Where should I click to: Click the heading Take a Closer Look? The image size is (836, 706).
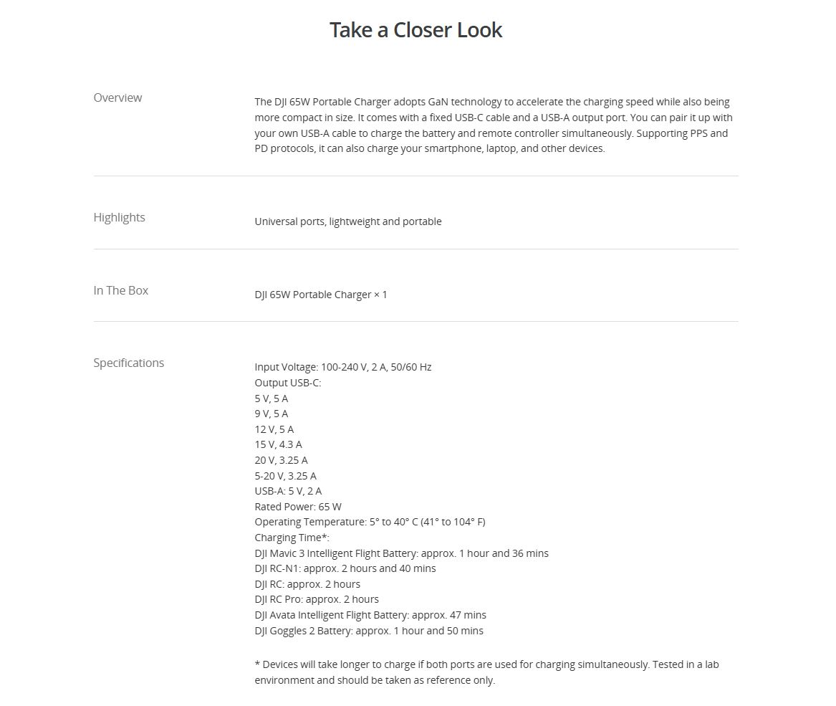tap(415, 30)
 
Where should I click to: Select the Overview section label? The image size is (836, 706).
tap(117, 97)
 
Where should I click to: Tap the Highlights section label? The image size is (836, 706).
tap(119, 217)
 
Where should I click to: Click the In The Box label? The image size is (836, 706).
tap(120, 290)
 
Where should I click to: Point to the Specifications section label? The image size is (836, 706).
tap(128, 363)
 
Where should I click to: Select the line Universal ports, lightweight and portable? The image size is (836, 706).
tap(347, 221)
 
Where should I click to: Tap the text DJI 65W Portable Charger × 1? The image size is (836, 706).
tap(320, 295)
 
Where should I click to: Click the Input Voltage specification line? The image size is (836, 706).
tap(342, 367)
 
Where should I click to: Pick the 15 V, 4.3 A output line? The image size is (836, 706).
tap(278, 444)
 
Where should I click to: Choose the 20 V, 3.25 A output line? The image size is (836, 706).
tap(281, 460)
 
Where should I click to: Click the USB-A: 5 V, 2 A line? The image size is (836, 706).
tap(288, 491)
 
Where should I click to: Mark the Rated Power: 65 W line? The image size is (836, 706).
tap(297, 507)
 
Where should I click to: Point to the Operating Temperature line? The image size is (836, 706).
tap(370, 522)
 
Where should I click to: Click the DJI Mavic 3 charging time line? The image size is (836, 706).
tap(401, 553)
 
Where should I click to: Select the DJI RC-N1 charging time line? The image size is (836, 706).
tap(345, 568)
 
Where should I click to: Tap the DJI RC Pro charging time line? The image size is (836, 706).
tap(316, 599)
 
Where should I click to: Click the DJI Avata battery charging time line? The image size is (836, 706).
tap(370, 615)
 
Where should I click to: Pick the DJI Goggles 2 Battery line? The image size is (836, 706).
tap(368, 631)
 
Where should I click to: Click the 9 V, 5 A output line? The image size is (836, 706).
tap(271, 414)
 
